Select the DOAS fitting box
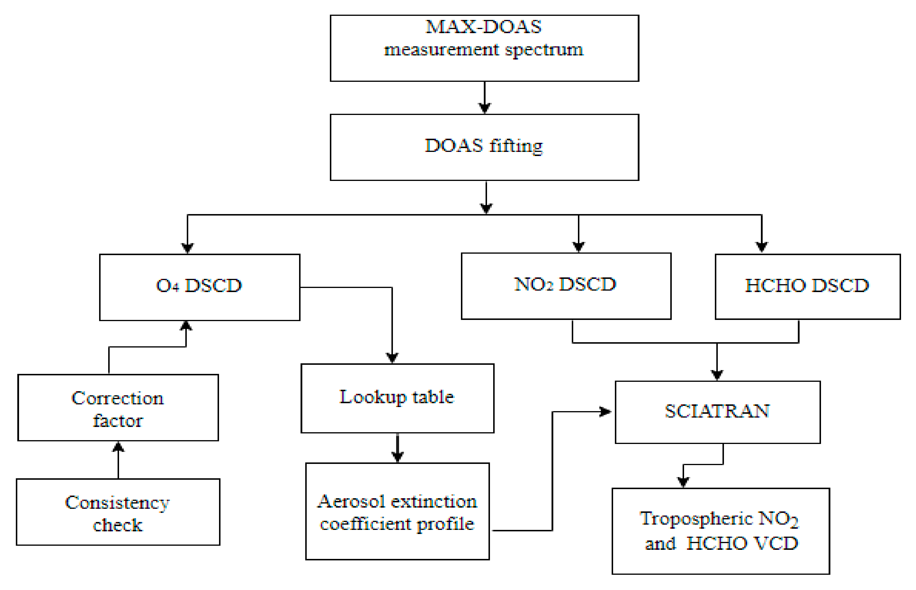(484, 147)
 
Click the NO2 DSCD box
(566, 286)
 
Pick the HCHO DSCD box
(807, 286)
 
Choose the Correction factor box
(118, 408)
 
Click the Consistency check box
(118, 512)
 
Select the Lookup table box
(397, 399)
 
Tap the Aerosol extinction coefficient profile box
(397, 511)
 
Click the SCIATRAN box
(717, 412)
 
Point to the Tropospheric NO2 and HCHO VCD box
(720, 531)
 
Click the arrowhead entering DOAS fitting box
(485, 108)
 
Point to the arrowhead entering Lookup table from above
(392, 358)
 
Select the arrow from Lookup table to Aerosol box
(397, 448)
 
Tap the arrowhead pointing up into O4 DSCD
(186, 326)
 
